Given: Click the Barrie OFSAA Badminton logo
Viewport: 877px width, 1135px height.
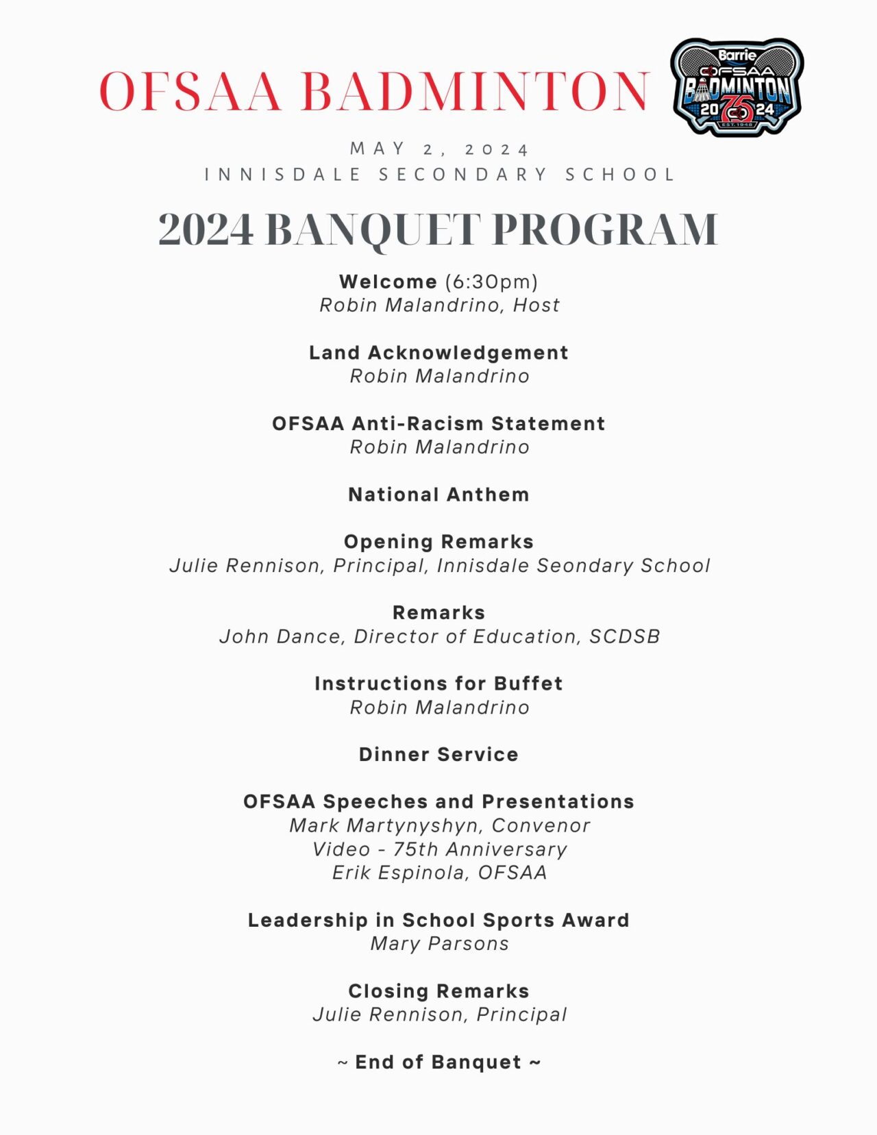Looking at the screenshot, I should coord(737,87).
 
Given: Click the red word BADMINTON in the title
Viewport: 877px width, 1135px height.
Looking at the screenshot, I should coord(475,91).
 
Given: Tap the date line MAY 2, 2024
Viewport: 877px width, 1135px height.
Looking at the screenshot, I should coord(439,149).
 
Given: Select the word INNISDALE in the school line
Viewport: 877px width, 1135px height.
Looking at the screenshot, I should coord(283,175).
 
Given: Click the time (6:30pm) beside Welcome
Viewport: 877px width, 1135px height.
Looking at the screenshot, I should coord(491,282).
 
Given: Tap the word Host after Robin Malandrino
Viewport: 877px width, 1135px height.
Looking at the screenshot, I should coord(536,305).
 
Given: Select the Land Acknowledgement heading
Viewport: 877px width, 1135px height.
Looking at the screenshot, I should coord(438,353).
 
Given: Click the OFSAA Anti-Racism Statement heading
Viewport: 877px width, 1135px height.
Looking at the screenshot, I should coord(438,423).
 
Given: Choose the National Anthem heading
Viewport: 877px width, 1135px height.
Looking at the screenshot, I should coord(438,495).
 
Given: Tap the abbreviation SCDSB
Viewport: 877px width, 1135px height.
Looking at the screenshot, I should coord(624,636).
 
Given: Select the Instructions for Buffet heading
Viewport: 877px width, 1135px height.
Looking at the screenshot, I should coord(438,684).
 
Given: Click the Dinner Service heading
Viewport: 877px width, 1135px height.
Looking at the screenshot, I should coord(438,754).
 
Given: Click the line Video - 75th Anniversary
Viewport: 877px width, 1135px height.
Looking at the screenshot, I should coord(439,849).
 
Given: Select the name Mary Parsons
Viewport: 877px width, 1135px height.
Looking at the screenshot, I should coord(439,944).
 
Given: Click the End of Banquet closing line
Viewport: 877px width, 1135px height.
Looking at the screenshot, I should coord(438,1062).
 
